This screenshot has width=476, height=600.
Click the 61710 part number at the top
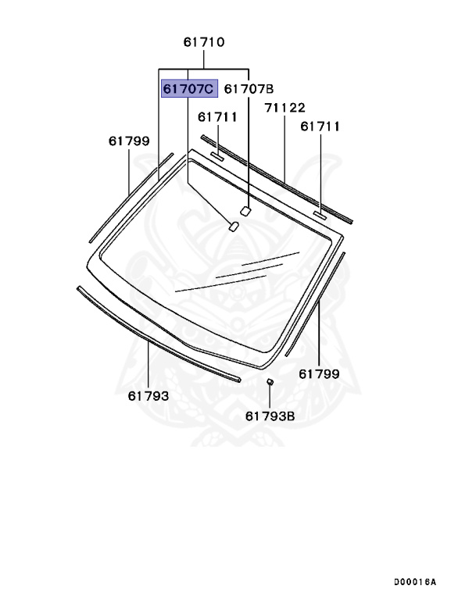(204, 43)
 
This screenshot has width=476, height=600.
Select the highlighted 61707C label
(188, 89)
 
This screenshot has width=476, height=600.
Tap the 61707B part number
(249, 89)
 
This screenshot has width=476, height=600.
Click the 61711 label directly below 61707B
(217, 117)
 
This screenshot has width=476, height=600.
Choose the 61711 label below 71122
(320, 126)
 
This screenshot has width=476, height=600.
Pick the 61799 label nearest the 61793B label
(319, 373)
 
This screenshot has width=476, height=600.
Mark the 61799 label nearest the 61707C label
(129, 141)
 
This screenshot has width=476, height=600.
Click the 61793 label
(149, 396)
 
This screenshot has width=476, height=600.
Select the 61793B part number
(270, 416)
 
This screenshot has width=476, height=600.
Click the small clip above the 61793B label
(269, 382)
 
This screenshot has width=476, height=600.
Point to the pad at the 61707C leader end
(233, 227)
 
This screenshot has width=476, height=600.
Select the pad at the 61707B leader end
(245, 209)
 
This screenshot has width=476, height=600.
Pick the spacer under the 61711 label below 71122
(320, 212)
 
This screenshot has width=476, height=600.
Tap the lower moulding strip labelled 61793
(156, 334)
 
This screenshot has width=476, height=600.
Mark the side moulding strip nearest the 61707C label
(129, 197)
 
